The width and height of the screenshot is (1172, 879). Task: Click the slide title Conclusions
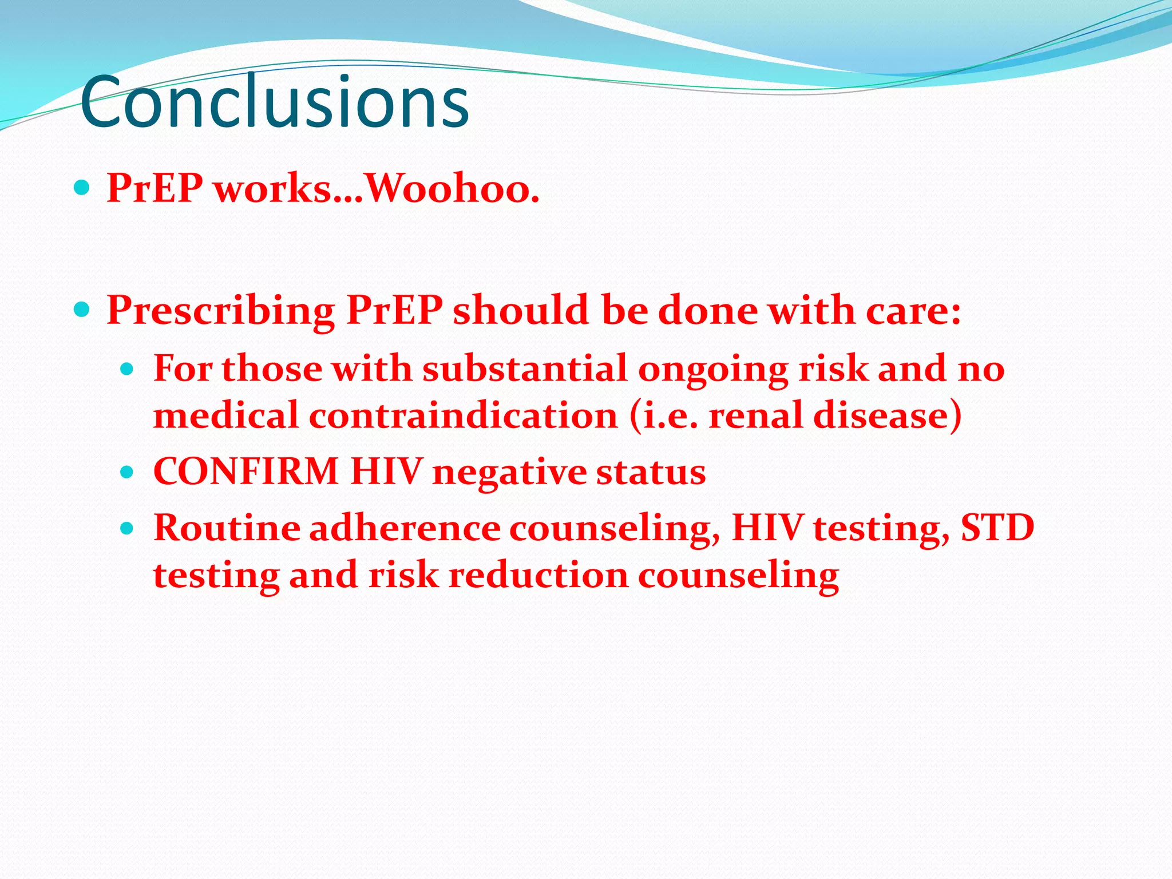pos(275,102)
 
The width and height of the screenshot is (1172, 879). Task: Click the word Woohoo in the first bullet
pos(452,189)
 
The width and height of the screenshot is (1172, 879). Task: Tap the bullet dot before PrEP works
pos(82,187)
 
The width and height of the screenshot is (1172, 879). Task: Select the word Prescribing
pos(221,311)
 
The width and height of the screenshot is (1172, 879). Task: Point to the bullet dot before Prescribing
pos(82,310)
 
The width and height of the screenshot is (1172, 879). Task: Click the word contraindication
pos(464,415)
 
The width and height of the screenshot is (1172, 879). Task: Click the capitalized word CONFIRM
pos(246,472)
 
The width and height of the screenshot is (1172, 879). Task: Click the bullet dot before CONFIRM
pos(128,472)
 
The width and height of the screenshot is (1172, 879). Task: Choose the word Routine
pos(227,528)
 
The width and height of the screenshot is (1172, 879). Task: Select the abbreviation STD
pos(997,528)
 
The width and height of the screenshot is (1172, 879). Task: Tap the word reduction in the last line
pos(538,575)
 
